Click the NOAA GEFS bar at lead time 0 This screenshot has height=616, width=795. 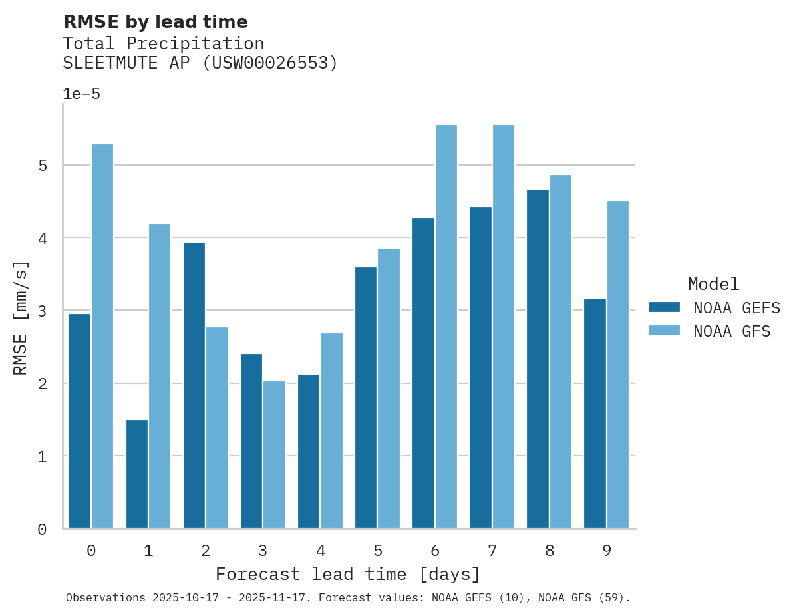pos(79,420)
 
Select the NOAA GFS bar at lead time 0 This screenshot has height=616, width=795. pos(102,336)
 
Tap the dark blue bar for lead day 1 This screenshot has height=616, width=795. pos(136,474)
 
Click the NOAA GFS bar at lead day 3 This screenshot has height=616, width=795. pos(274,454)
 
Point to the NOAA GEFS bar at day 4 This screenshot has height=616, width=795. pos(309,451)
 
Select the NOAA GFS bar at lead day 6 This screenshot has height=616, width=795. pos(446,327)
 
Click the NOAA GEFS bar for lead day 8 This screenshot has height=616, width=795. pos(538,359)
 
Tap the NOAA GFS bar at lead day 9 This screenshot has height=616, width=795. pos(617,365)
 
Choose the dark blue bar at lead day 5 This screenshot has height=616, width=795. pos(366,397)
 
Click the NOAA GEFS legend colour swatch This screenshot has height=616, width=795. pos(664,307)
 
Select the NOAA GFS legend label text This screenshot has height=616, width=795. pos(732,331)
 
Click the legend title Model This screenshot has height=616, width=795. pos(713,285)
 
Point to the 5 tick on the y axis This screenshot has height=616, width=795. pos(43,165)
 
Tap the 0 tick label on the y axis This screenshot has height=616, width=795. pos(43,530)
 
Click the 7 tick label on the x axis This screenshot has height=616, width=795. pos(492,551)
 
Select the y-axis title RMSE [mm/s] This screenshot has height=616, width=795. pos(21,317)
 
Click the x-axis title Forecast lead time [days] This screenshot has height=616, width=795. pos(347,574)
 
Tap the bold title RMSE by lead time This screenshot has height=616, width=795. pos(155,22)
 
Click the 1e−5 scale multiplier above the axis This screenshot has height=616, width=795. pos(81,94)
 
